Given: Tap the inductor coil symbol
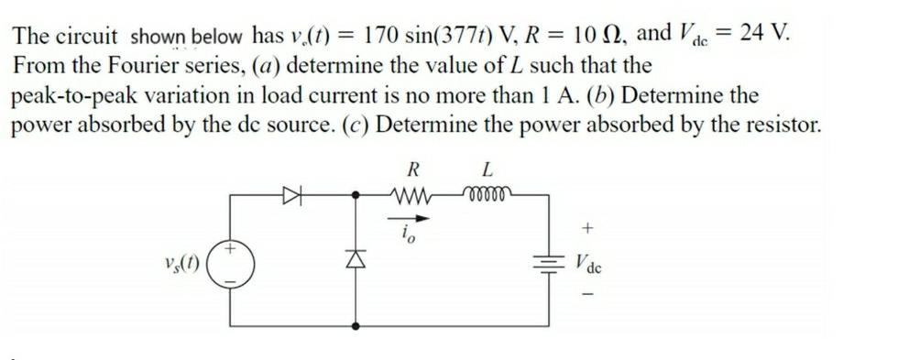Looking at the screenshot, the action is (487, 194).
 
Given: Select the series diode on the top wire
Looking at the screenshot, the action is (291, 194).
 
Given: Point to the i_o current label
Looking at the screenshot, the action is (409, 236).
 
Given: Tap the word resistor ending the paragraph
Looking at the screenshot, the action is (777, 124).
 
